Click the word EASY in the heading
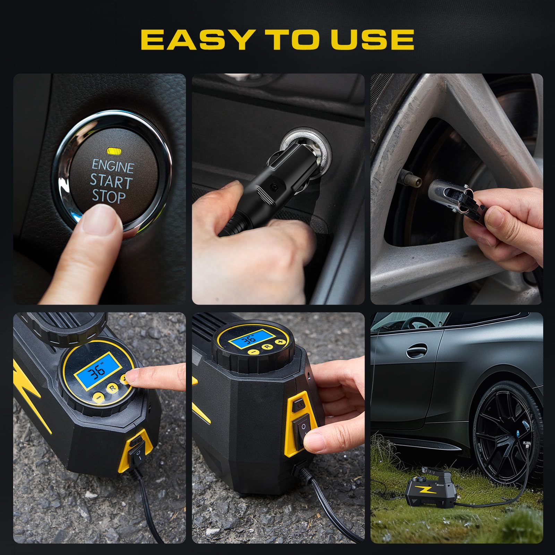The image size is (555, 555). [x=196, y=40]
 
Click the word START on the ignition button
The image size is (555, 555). [x=111, y=181]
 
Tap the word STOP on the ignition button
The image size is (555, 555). [x=108, y=196]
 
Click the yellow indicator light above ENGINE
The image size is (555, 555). [x=114, y=151]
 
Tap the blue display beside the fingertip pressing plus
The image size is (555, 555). [x=97, y=372]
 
